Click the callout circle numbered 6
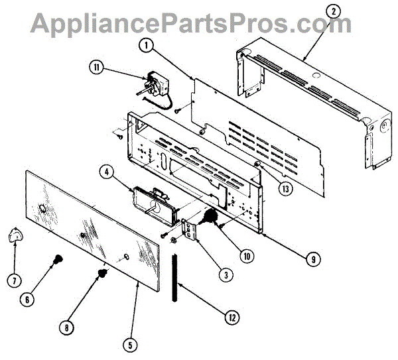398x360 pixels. pos(27,299)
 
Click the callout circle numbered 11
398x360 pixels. pos(97,67)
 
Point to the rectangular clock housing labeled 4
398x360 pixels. pos(153,203)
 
